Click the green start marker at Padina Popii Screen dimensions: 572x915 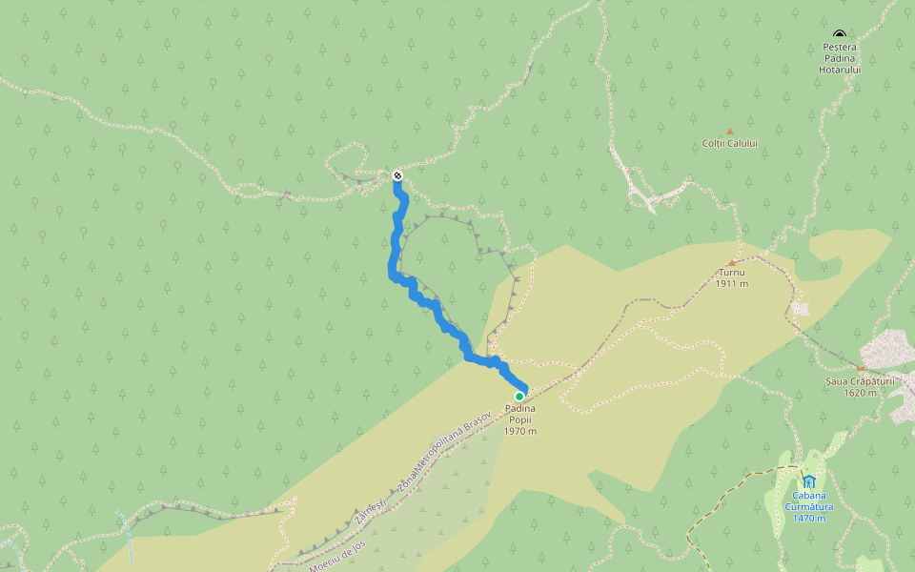[x=519, y=396]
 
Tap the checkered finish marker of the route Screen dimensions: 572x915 [x=396, y=175]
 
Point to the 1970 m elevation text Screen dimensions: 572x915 [x=520, y=431]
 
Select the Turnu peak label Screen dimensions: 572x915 [x=732, y=273]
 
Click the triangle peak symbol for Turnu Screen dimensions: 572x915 [x=732, y=262]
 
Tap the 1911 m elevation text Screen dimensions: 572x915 [x=732, y=284]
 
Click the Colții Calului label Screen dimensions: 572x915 [x=730, y=144]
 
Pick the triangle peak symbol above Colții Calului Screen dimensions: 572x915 [x=730, y=132]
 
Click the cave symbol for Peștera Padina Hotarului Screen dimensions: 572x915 [x=839, y=33]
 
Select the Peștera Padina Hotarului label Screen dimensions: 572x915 [x=840, y=57]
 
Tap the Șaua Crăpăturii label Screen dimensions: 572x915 [x=861, y=381]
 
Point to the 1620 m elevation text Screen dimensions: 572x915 [x=861, y=393]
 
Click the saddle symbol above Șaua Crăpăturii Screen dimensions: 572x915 [x=861, y=369]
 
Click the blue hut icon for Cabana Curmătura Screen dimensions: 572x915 [x=808, y=480]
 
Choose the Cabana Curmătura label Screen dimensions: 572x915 [x=808, y=500]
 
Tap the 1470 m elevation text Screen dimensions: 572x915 [x=808, y=519]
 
